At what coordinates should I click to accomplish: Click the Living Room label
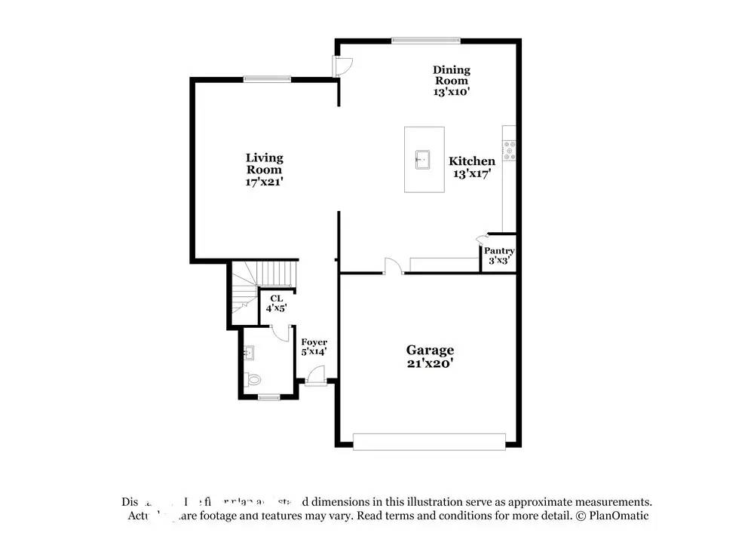pyautogui.click(x=264, y=169)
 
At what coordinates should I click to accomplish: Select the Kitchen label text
pyautogui.click(x=472, y=161)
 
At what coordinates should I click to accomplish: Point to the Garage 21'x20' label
pyautogui.click(x=430, y=356)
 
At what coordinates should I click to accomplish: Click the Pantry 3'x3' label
pyautogui.click(x=499, y=256)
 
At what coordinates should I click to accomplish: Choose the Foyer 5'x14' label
pyautogui.click(x=314, y=346)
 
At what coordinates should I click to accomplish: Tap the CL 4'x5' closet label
pyautogui.click(x=276, y=303)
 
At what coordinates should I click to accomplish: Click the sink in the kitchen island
pyautogui.click(x=423, y=159)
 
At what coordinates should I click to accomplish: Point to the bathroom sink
pyautogui.click(x=250, y=352)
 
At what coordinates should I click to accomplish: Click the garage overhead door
pyautogui.click(x=429, y=442)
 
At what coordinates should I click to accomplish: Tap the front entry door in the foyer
pyautogui.click(x=316, y=375)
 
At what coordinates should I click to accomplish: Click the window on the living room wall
pyautogui.click(x=267, y=78)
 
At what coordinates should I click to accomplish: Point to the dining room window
pyautogui.click(x=425, y=41)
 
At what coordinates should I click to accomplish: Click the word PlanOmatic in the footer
pyautogui.click(x=618, y=516)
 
